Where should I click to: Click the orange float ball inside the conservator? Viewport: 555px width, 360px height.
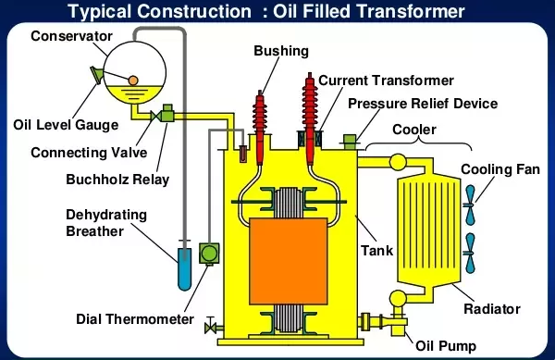[x=132, y=81]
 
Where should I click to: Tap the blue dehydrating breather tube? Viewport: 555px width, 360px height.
[x=184, y=268]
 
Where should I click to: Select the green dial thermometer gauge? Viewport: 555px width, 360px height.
[x=209, y=253]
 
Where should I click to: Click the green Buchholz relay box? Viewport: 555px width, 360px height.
[x=167, y=113]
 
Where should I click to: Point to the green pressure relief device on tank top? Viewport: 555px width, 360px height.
[x=350, y=142]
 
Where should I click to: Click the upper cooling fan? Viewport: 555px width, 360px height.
[x=470, y=205]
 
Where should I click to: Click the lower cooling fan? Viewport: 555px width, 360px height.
[x=470, y=253]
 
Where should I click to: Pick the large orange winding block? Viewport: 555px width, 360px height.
[x=288, y=261]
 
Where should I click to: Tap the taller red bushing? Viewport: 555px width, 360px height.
[x=310, y=118]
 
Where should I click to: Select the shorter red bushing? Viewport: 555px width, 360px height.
[x=260, y=128]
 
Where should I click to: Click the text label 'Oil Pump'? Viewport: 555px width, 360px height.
[x=446, y=346]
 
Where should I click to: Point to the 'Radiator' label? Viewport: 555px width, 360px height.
[x=492, y=309]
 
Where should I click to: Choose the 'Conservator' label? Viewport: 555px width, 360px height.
[x=71, y=36]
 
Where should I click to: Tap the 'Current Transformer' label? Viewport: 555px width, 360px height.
[x=386, y=81]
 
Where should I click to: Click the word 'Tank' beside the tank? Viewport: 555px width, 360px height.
[x=377, y=251]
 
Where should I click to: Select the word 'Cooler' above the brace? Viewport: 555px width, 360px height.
[x=414, y=130]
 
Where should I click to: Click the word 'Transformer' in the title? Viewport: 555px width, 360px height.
[x=410, y=11]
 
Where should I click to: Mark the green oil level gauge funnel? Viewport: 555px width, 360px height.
[x=97, y=75]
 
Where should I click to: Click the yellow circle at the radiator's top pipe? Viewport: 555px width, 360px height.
[x=398, y=162]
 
